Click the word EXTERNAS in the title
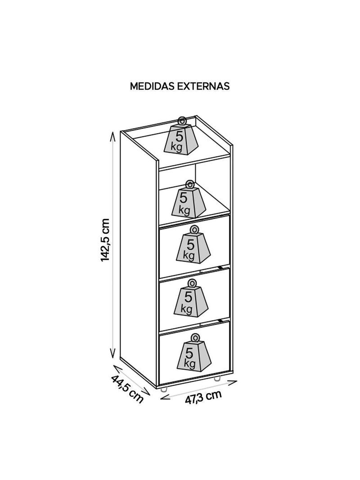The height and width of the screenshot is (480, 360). click(x=203, y=86)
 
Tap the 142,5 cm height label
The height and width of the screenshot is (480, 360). click(x=105, y=240)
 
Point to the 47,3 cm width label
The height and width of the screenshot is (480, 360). click(x=203, y=397)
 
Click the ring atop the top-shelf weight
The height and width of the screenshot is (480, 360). click(x=182, y=120)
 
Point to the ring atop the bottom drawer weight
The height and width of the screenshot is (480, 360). click(x=194, y=337)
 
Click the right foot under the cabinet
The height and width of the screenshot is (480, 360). click(x=217, y=378)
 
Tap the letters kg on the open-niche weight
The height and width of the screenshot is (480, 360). click(x=184, y=210)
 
